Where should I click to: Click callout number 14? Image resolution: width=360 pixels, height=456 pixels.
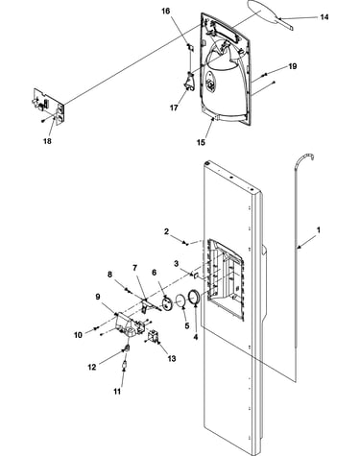pyautogui.click(x=324, y=17)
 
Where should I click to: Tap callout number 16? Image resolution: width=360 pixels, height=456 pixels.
pyautogui.click(x=165, y=12)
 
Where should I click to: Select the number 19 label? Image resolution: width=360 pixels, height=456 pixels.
pyautogui.click(x=292, y=66)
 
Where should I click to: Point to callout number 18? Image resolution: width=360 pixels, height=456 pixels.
pyautogui.click(x=47, y=141)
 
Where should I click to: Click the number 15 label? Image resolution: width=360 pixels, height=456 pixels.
pyautogui.click(x=201, y=142)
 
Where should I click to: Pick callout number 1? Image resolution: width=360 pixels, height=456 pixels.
pyautogui.click(x=319, y=229)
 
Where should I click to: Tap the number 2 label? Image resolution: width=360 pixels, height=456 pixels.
pyautogui.click(x=166, y=231)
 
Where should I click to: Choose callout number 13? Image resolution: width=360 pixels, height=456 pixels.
pyautogui.click(x=172, y=358)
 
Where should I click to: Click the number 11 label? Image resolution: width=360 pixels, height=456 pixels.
pyautogui.click(x=117, y=391)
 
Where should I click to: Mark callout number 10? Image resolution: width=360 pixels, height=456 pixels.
pyautogui.click(x=78, y=335)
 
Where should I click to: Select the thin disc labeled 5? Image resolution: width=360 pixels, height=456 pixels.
pyautogui.click(x=181, y=300)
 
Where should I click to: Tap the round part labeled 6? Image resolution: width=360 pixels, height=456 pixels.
pyautogui.click(x=167, y=303)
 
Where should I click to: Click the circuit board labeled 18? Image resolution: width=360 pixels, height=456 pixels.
pyautogui.click(x=49, y=105)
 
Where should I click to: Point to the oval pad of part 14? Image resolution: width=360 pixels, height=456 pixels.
pyautogui.click(x=262, y=12)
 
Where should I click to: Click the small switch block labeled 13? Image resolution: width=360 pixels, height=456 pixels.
pyautogui.click(x=153, y=337)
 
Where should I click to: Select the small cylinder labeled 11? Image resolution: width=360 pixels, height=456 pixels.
pyautogui.click(x=125, y=364)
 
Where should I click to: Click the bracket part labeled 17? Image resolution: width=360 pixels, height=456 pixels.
pyautogui.click(x=189, y=82)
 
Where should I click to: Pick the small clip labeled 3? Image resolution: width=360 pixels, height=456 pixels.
pyautogui.click(x=196, y=275)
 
